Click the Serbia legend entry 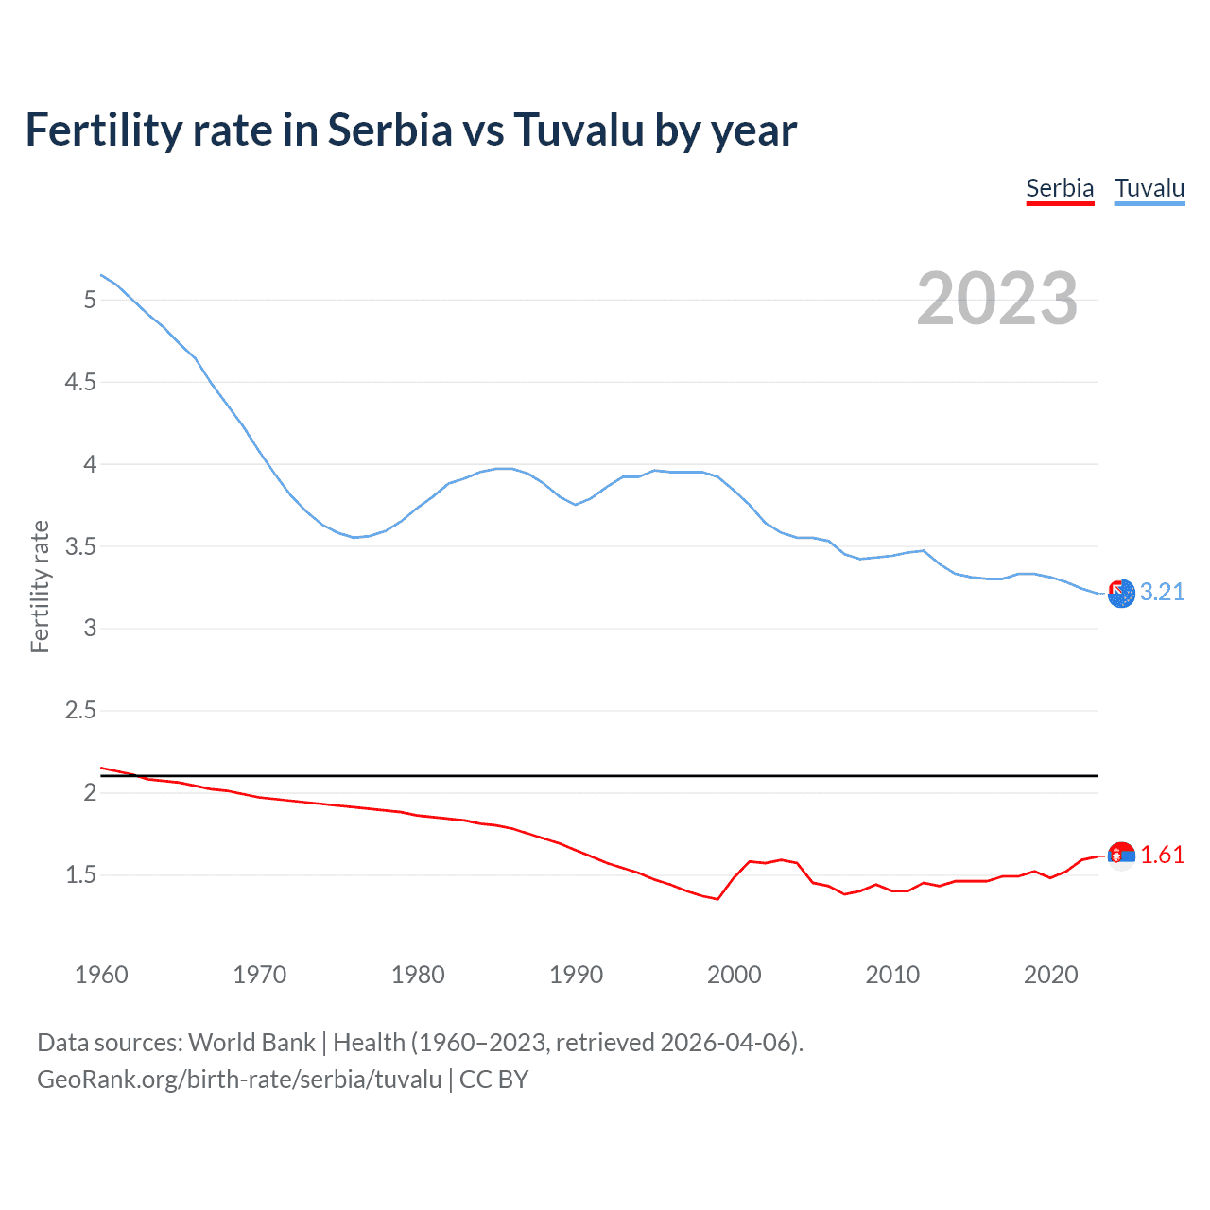click(x=1060, y=188)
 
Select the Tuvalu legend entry click(x=1149, y=188)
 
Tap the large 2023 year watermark click(x=996, y=299)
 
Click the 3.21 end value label click(x=1162, y=592)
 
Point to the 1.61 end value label click(x=1162, y=855)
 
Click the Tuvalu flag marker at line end click(x=1121, y=594)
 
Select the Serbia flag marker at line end click(x=1121, y=856)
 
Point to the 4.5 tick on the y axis click(x=80, y=382)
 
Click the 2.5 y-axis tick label click(x=80, y=710)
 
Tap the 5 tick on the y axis click(x=90, y=300)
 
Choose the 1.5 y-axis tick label click(x=80, y=874)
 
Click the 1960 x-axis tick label click(x=101, y=975)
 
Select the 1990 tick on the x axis click(x=576, y=975)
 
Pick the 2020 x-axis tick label click(x=1050, y=975)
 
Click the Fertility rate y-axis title click(x=40, y=586)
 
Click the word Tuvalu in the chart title click(x=579, y=130)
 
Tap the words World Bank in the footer click(x=251, y=1043)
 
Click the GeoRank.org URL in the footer click(x=239, y=1080)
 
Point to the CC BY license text click(x=493, y=1080)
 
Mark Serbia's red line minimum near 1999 click(x=717, y=899)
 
